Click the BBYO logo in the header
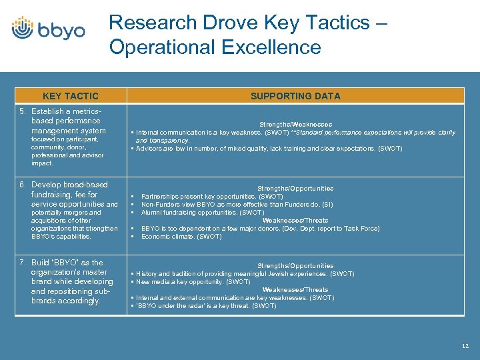(48, 29)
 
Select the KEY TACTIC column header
(70, 96)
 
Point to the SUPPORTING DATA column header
(295, 96)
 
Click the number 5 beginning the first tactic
(22, 111)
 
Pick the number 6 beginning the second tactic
(22, 185)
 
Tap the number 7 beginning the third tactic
(22, 263)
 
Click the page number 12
(465, 346)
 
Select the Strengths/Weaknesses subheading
(295, 124)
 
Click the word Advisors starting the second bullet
(149, 149)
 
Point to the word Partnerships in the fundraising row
(161, 197)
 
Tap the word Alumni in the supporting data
(151, 213)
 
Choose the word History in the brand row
(147, 274)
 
